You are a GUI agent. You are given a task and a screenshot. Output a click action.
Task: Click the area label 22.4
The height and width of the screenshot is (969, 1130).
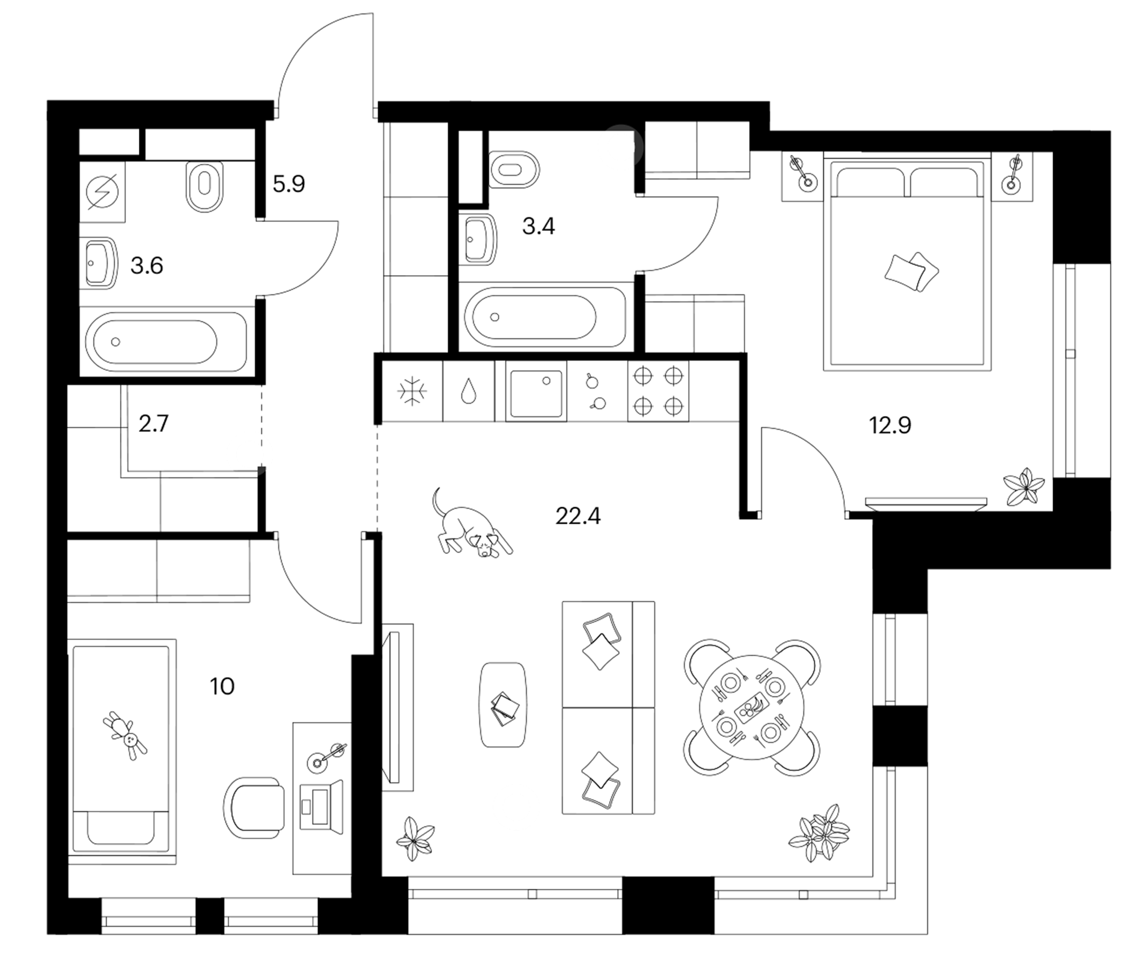(577, 516)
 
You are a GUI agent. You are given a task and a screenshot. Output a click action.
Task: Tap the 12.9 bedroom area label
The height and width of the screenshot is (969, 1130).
(889, 425)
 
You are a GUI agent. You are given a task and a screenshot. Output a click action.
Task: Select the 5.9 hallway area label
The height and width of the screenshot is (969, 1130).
(288, 184)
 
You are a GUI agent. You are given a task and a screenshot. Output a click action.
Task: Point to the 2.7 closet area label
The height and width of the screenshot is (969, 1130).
(153, 423)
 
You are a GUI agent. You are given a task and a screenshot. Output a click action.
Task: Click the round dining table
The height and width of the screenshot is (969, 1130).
(751, 707)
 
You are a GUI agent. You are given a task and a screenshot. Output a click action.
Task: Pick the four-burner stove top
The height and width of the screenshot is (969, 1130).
(658, 391)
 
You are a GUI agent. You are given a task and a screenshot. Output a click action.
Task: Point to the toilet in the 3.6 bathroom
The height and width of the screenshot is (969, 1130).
(204, 186)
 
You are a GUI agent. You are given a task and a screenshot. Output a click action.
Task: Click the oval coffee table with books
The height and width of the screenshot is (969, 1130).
(503, 704)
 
